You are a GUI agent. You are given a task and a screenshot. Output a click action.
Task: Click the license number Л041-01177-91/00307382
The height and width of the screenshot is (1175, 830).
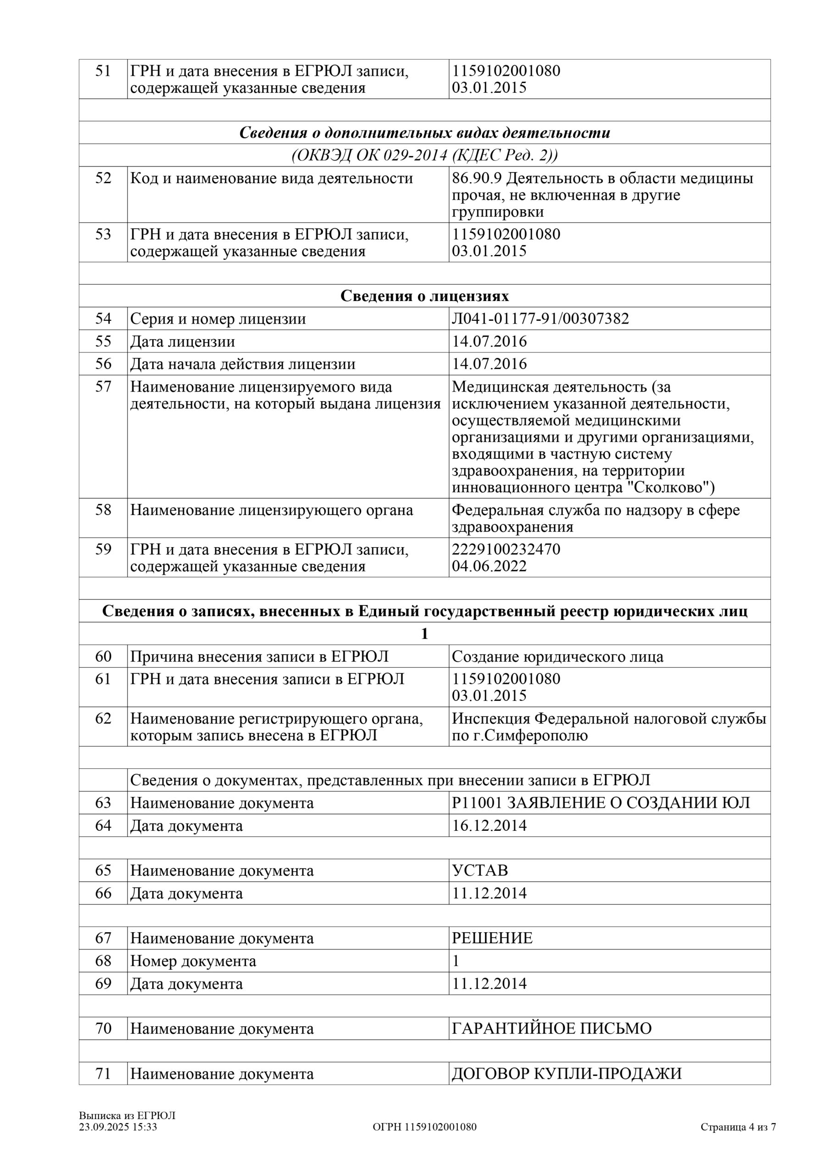click(540, 319)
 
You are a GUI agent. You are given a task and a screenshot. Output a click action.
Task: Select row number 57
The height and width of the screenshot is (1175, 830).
click(103, 386)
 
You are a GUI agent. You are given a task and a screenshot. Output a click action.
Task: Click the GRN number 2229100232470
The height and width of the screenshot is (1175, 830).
click(506, 549)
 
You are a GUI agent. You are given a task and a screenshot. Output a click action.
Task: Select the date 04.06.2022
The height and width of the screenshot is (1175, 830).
click(489, 566)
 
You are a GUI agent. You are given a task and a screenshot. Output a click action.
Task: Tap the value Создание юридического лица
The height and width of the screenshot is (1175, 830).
click(557, 657)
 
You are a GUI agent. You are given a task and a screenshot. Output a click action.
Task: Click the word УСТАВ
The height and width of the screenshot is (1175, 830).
click(479, 871)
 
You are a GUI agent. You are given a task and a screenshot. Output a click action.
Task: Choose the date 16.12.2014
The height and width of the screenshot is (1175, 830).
click(489, 825)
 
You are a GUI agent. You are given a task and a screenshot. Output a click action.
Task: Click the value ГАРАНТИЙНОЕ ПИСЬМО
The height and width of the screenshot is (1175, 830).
click(551, 1029)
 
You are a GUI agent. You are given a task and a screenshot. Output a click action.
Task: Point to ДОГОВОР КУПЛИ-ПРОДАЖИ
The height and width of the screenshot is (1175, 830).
click(567, 1074)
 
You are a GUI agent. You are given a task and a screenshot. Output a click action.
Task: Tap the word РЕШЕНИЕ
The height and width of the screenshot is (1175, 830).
click(492, 938)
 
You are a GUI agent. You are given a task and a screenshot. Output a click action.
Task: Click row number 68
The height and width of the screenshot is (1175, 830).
click(103, 961)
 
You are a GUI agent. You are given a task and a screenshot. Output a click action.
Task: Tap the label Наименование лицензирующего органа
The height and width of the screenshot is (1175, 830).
click(271, 510)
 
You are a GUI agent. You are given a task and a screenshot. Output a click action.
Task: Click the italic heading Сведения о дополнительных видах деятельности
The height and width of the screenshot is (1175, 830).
click(424, 133)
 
